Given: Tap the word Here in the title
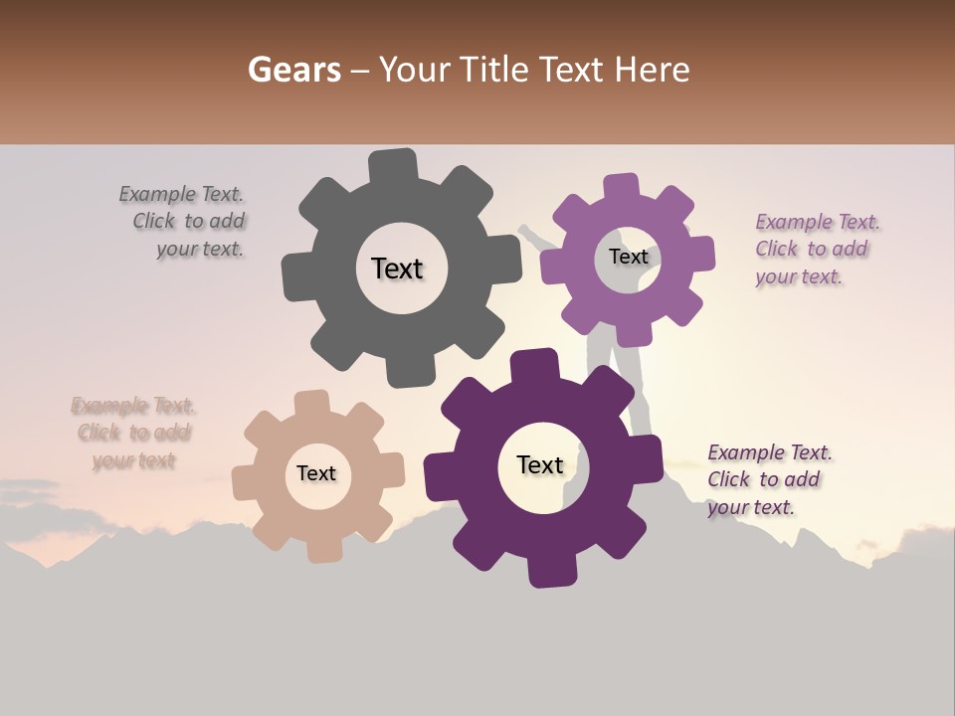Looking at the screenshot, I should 653,70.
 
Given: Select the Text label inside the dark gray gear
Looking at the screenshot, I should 397,268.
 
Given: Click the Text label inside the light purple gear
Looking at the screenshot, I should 628,257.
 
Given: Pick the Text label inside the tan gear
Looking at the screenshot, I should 315,474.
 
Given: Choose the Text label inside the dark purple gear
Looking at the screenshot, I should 540,465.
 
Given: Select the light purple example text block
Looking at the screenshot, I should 816,249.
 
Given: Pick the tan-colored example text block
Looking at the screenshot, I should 133,433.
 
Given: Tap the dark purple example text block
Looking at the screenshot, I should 769,479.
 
